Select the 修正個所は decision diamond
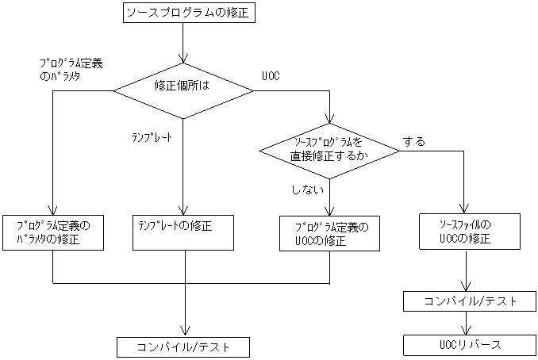click(183, 90)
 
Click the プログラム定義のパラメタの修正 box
click(53, 232)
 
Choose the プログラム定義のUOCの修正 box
click(329, 233)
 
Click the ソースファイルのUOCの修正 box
click(465, 232)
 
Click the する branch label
click(413, 142)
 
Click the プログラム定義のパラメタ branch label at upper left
click(71, 68)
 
